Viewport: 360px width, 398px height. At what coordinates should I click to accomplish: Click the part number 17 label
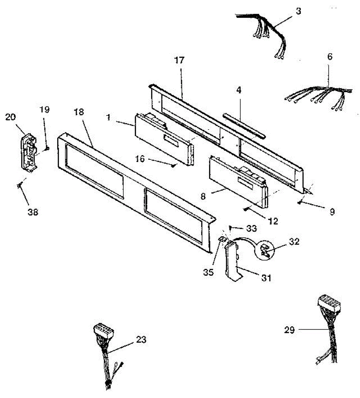tap(180, 61)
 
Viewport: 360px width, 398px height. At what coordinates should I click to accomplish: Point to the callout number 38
tap(33, 212)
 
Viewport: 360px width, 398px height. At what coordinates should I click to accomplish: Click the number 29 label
tap(289, 330)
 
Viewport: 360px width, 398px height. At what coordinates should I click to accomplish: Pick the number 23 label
tap(141, 340)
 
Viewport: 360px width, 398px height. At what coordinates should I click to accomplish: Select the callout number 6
tap(330, 57)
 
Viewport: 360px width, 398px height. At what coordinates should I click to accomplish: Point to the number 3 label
tap(298, 11)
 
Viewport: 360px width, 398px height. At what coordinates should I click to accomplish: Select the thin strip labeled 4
tap(244, 125)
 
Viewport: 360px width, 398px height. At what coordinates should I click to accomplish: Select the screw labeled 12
tap(245, 209)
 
